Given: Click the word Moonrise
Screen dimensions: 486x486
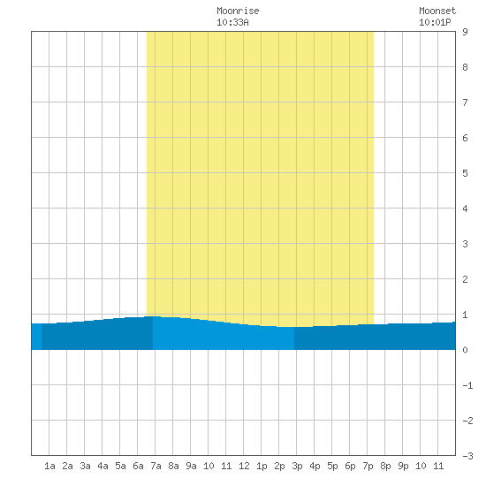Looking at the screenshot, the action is pos(238,11).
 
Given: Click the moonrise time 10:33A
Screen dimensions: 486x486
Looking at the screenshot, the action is pos(232,22).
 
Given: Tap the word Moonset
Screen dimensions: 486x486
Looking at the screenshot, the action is pos(437,11).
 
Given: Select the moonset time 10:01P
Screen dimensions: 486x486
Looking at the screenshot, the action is pos(435,22).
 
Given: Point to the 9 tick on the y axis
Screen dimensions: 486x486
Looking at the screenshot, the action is pos(465,32).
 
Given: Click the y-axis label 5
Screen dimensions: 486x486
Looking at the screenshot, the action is pos(465,173).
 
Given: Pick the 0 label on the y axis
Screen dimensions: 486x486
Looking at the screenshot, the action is pos(465,350).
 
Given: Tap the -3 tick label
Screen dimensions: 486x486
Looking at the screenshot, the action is pos(467,456).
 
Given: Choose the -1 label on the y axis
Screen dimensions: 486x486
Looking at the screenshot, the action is pos(467,385).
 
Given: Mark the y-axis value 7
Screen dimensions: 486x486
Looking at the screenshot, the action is pos(465,103).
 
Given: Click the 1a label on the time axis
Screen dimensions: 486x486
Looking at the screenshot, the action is pos(49,466).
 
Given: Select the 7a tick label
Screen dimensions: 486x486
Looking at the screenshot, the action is pos(156,466).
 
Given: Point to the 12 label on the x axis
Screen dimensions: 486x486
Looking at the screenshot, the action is pos(244,466).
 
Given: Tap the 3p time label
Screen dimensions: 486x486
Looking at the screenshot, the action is pos(297,466).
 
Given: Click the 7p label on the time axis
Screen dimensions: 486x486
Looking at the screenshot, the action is pos(368,466).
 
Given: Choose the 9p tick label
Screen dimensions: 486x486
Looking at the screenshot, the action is pos(403,466).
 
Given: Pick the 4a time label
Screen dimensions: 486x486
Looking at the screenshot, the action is pos(103,466).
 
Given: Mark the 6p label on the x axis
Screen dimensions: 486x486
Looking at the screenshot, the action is pos(350,466).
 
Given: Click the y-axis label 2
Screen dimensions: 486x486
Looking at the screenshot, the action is pos(465,279).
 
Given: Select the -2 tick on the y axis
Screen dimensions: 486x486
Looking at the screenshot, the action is pos(467,421).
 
